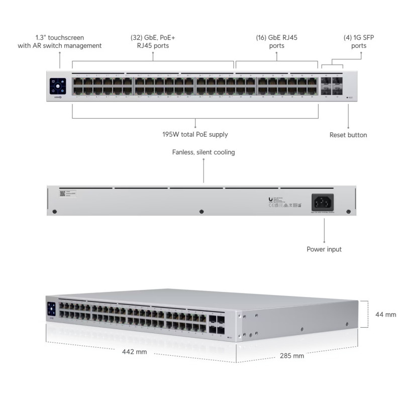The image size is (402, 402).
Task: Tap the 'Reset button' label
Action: (x=348, y=135)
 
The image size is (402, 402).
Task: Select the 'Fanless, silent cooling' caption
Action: (x=204, y=152)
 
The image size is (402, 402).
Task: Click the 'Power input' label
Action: (x=324, y=249)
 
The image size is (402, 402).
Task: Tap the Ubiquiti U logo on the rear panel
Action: (x=271, y=199)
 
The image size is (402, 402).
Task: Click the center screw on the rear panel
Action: (x=202, y=211)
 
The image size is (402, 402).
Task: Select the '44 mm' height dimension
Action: (x=386, y=315)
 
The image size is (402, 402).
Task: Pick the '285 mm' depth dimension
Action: (x=291, y=356)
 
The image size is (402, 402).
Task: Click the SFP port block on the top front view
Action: (x=332, y=85)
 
